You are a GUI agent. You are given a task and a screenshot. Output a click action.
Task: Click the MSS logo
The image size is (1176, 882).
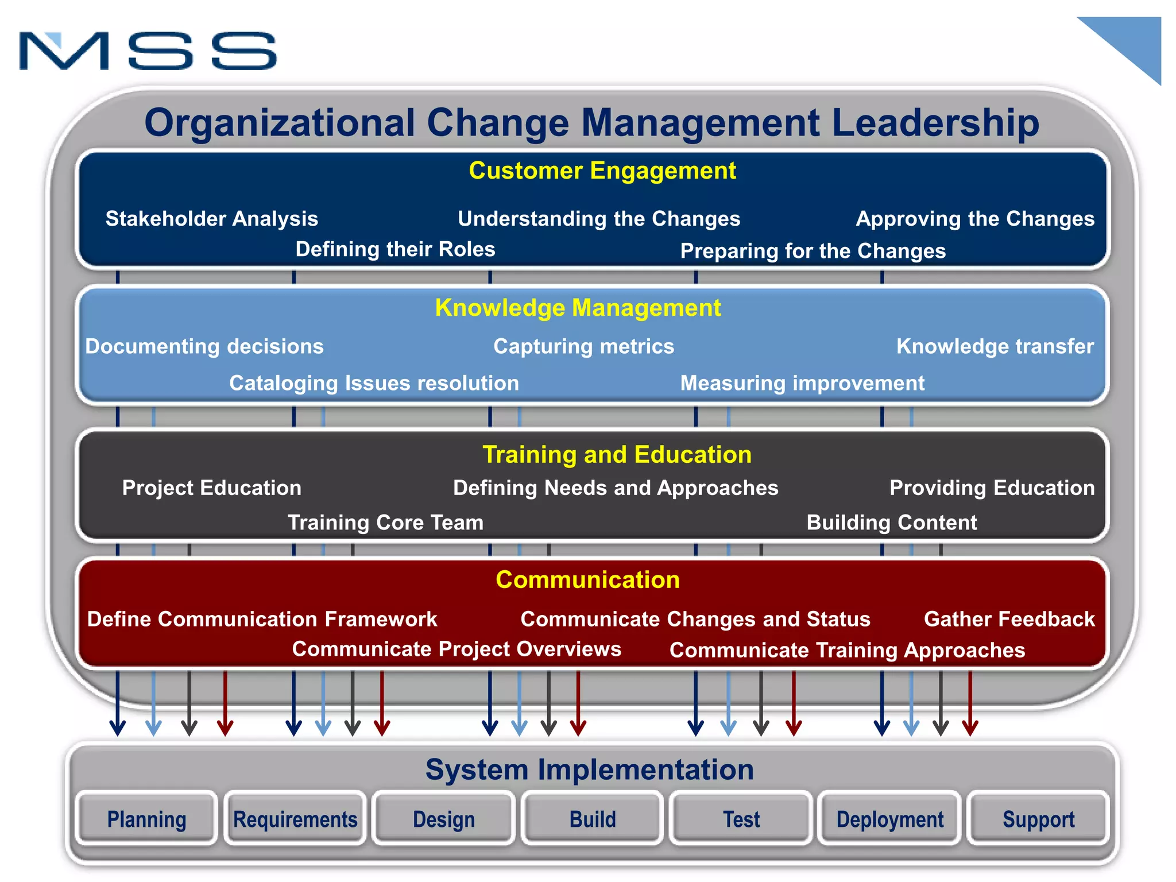point(148,51)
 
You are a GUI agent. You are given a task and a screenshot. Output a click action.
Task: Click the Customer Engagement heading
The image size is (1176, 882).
point(602,171)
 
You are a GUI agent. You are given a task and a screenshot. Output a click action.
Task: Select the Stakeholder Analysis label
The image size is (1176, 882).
point(211,219)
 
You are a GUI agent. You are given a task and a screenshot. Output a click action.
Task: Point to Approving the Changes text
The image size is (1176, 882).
point(975,219)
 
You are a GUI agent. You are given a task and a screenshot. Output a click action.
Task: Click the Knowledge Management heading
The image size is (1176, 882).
point(578,308)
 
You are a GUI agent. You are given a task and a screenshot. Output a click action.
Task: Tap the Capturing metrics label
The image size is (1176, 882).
point(583,346)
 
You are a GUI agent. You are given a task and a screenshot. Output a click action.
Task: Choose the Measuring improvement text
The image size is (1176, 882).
point(802,383)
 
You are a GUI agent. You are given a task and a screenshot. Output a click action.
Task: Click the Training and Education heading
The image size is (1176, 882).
point(617,454)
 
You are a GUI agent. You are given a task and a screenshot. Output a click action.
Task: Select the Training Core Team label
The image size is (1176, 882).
point(385,523)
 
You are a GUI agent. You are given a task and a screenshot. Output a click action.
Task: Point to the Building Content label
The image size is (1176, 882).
point(891,523)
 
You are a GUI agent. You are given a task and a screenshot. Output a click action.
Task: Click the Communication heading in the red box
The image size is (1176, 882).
point(587,580)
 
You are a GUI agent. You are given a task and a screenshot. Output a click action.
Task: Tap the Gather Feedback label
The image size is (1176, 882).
point(1009,619)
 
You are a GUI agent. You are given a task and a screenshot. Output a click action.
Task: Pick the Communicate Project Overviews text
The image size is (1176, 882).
point(457,649)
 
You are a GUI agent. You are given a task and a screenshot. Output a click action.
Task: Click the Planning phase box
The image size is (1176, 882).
point(147,819)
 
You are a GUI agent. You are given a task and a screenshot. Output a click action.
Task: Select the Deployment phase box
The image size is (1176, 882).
point(889,819)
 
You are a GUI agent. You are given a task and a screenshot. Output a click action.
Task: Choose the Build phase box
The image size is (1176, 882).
point(593,819)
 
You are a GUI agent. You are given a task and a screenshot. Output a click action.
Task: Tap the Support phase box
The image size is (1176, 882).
point(1038,819)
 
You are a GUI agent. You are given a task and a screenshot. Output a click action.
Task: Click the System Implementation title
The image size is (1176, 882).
point(589,769)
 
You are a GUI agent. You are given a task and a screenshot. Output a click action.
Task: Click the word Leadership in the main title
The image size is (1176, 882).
point(935,123)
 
